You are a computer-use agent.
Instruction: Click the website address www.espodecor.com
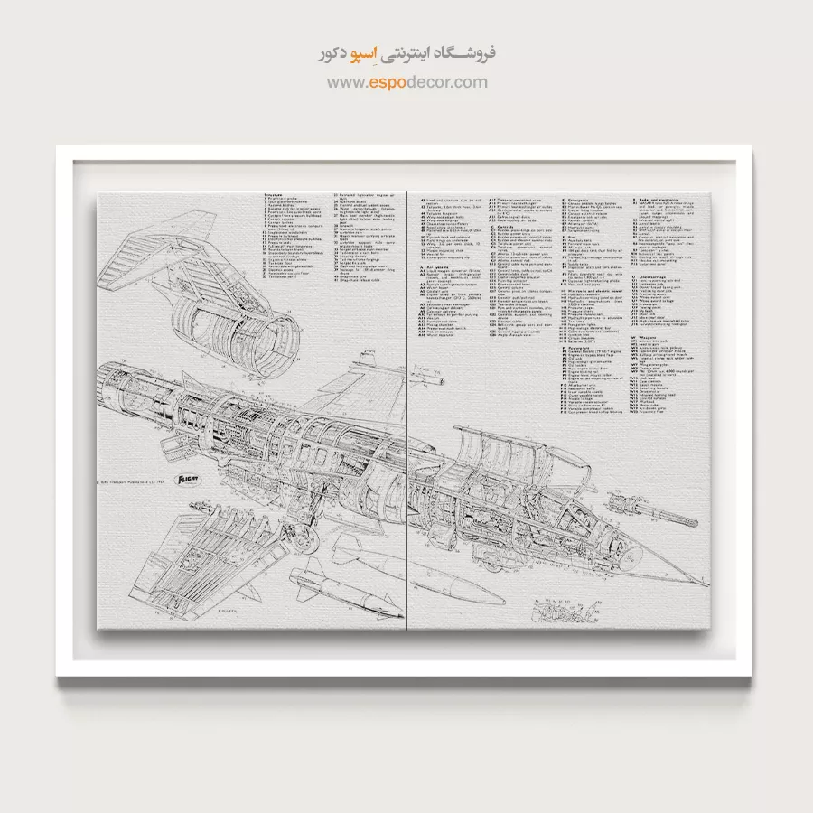click(406, 82)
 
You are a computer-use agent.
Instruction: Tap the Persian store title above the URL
click(406, 54)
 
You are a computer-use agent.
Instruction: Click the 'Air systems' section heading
click(436, 267)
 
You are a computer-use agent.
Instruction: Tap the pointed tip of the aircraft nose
click(710, 584)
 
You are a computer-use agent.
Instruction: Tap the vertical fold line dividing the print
click(408, 406)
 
